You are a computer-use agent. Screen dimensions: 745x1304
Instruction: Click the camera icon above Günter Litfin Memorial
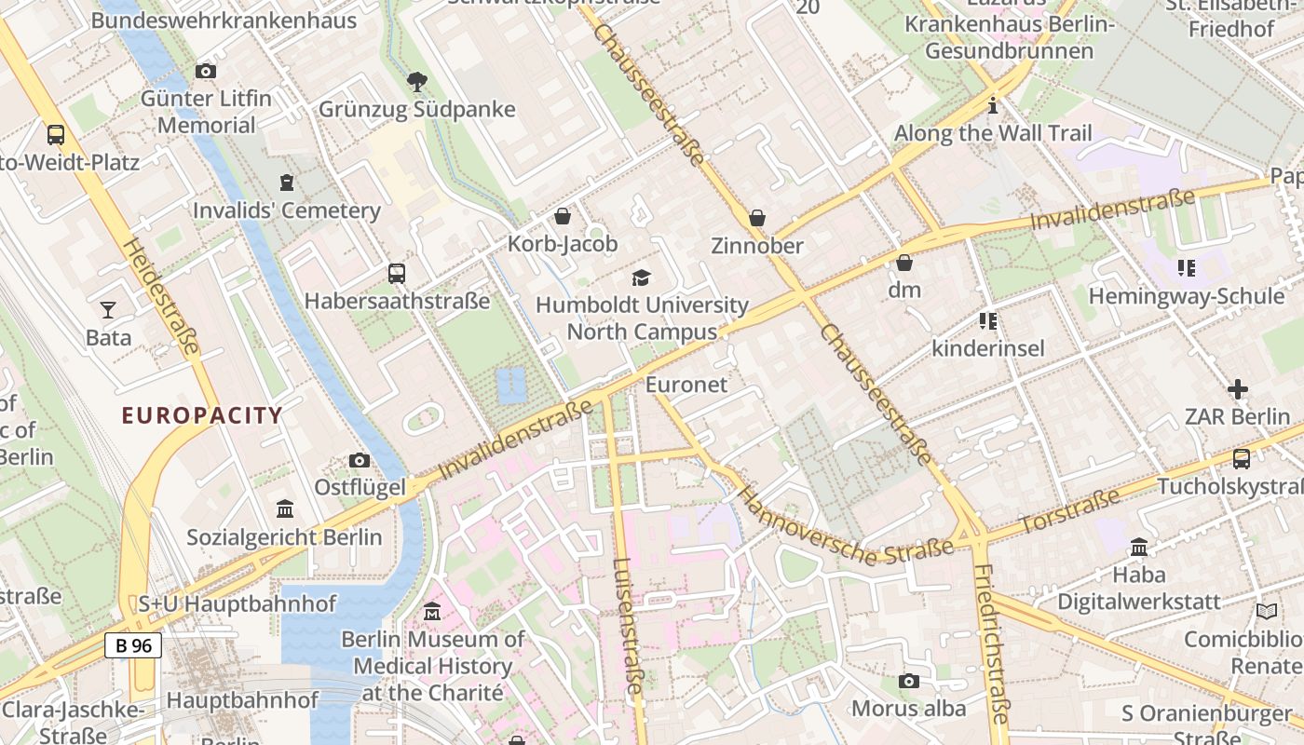(x=206, y=72)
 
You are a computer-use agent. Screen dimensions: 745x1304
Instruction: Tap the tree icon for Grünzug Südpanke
(x=417, y=83)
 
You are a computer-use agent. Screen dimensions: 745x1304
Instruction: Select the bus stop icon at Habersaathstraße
(x=397, y=274)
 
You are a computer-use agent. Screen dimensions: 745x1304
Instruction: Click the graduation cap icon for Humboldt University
(x=641, y=278)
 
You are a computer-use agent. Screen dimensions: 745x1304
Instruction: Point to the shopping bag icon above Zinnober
(x=757, y=218)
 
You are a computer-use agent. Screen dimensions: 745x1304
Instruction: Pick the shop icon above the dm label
(x=903, y=263)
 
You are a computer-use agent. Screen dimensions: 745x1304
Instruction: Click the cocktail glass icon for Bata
(x=108, y=309)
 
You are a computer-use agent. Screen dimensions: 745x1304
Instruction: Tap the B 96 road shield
(x=132, y=645)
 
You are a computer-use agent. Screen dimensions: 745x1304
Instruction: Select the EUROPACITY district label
(x=202, y=415)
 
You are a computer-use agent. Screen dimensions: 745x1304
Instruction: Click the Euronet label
(x=686, y=385)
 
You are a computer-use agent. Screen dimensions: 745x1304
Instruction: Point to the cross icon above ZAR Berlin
(x=1237, y=388)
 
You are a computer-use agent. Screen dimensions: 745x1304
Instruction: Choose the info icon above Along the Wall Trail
(x=993, y=105)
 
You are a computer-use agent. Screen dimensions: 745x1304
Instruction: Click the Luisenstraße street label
(x=629, y=626)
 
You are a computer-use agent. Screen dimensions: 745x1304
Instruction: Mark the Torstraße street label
(x=1069, y=513)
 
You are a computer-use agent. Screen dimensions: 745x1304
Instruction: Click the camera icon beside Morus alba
(x=909, y=682)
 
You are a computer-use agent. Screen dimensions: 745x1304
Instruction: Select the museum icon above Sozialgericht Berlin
(x=285, y=509)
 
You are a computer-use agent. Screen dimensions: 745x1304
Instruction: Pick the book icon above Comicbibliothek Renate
(x=1266, y=612)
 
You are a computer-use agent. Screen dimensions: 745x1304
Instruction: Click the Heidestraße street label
(x=162, y=296)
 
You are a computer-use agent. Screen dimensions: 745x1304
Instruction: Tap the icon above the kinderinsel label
(x=988, y=321)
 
